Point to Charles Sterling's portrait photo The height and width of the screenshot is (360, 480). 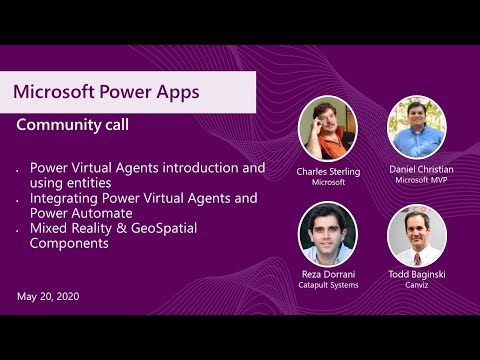coord(327,128)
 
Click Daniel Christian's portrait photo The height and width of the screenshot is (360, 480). coord(416,127)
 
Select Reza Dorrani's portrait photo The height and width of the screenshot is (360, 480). coord(327,233)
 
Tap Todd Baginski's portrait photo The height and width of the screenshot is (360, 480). coord(416,235)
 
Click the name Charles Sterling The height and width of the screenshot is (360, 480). coord(327,170)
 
